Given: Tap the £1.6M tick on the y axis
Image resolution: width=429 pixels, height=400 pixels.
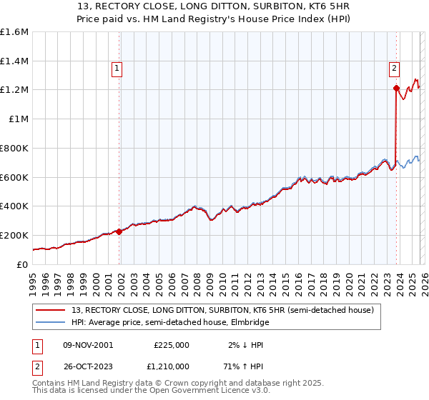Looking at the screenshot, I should [14, 32].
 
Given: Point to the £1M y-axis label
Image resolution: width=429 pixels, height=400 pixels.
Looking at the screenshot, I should [18, 119].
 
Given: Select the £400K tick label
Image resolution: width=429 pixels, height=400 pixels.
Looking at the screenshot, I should [14, 206].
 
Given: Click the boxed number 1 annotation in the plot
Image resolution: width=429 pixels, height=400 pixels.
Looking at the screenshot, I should [117, 69].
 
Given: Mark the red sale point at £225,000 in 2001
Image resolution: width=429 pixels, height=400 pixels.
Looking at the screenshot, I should [119, 231].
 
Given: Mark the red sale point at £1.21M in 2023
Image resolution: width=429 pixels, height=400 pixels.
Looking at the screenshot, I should [396, 89].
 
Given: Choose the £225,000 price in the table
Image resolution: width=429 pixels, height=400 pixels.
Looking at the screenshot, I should [172, 344].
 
